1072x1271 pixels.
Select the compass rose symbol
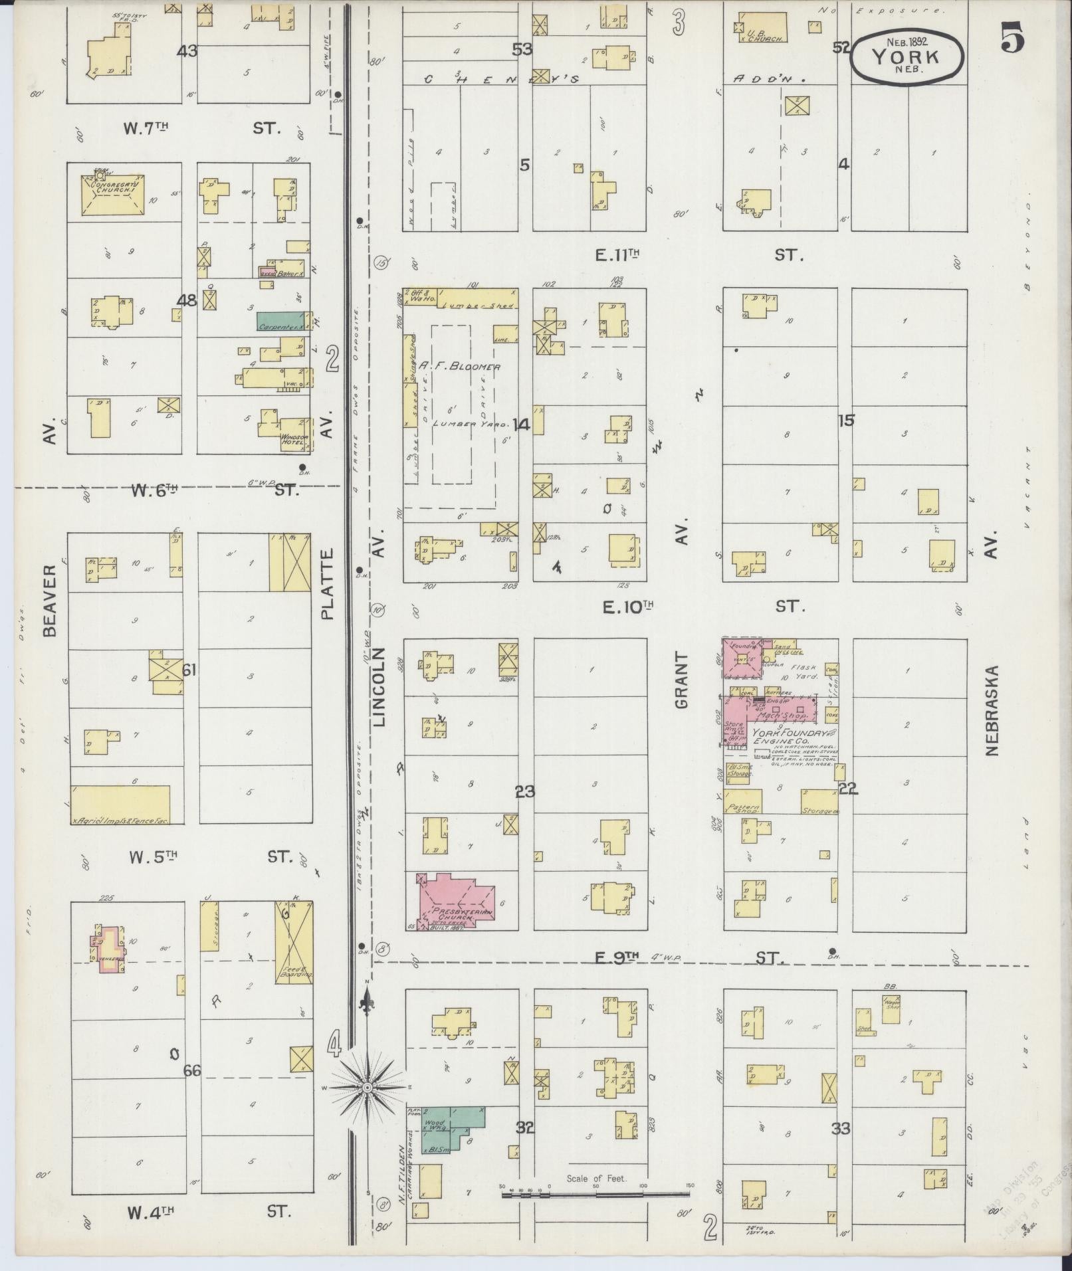point(366,1088)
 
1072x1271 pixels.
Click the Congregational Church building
point(108,194)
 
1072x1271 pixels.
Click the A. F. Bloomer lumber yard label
point(459,366)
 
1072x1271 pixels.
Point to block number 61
point(189,670)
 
